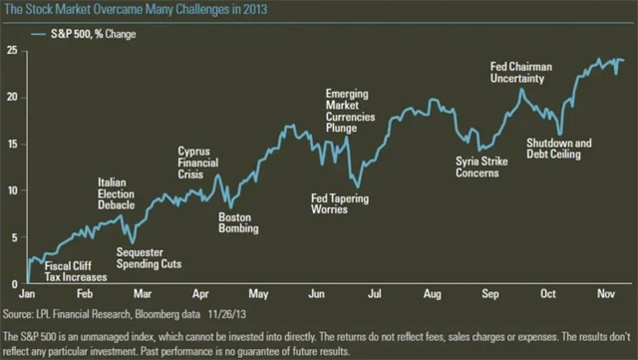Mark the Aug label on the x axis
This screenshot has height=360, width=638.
[x=432, y=296]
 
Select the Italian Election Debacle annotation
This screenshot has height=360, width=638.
[x=123, y=193]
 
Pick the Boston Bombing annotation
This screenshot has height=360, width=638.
[x=238, y=221]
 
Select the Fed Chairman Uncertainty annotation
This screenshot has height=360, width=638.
[x=524, y=72]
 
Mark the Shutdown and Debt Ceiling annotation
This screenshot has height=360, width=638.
[x=559, y=149]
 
